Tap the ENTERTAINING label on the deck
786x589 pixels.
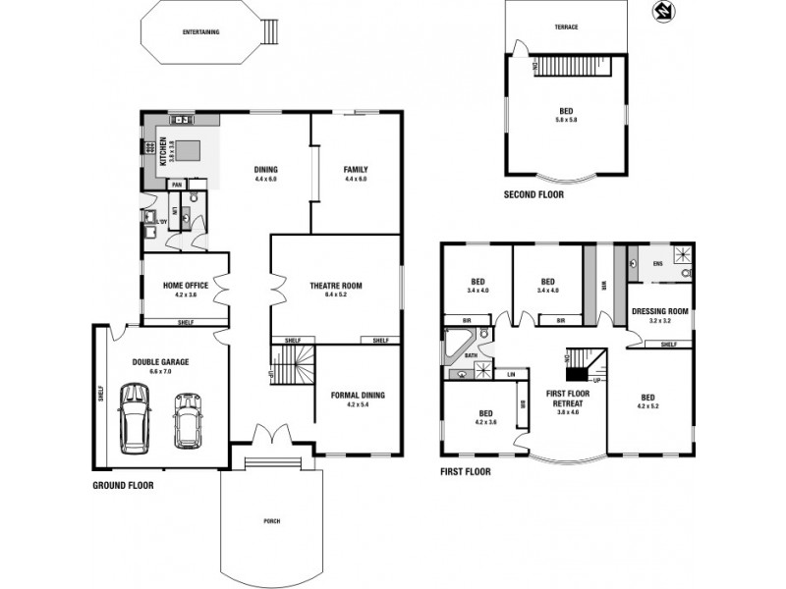(200, 32)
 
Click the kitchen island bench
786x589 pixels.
(188, 151)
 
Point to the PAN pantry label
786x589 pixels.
(177, 185)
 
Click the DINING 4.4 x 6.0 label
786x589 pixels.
(266, 174)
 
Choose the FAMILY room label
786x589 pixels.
(355, 174)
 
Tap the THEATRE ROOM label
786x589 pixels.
(336, 290)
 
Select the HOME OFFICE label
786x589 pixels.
(186, 290)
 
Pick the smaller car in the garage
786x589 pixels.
(187, 419)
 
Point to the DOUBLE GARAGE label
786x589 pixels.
(160, 366)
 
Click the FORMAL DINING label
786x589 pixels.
(359, 400)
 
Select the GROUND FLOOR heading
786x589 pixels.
(123, 485)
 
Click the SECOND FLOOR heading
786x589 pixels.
(533, 195)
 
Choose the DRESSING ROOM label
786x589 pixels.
(659, 316)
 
